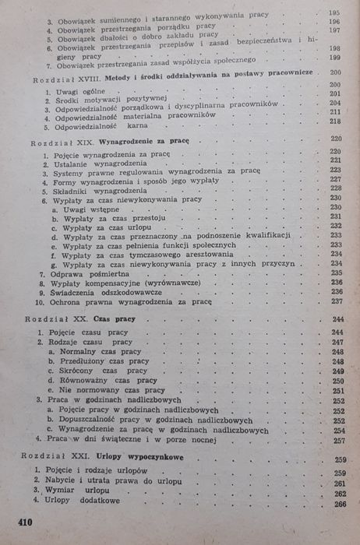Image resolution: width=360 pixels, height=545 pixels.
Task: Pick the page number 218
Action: (x=336, y=121)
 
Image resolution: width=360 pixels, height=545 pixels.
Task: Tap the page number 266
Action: (x=339, y=504)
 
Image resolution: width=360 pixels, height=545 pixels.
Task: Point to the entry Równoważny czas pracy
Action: (x=112, y=381)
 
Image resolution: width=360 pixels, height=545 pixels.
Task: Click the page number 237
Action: (x=337, y=301)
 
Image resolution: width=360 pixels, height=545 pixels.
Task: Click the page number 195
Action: (x=336, y=14)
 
